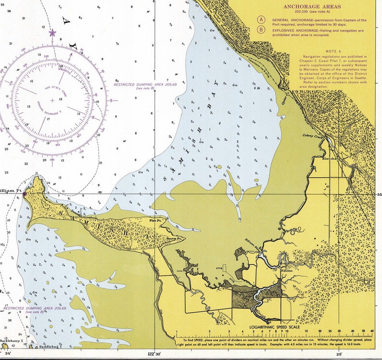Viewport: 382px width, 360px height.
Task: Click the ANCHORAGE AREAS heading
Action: click(x=312, y=7)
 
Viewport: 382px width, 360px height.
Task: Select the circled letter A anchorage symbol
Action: click(x=261, y=20)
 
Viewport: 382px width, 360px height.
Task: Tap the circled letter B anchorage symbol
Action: click(x=261, y=30)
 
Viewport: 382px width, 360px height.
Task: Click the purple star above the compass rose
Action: click(x=52, y=33)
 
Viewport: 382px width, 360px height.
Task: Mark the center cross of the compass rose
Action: click(x=52, y=100)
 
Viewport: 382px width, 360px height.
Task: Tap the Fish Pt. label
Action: click(x=155, y=220)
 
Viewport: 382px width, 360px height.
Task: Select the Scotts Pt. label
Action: click(x=173, y=238)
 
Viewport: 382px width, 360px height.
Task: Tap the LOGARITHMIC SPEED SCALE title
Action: click(x=275, y=327)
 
